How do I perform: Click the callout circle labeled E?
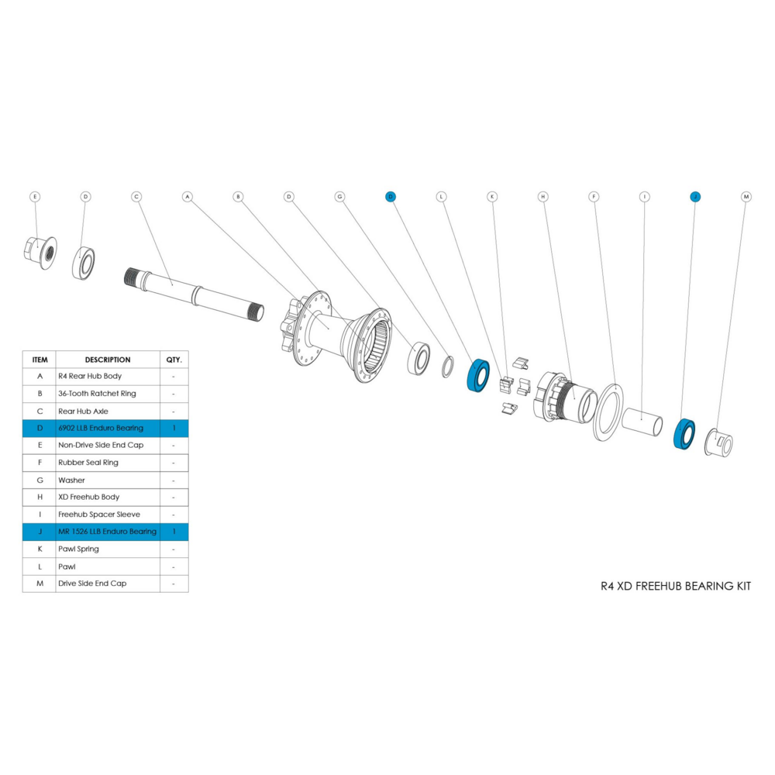[x=35, y=197]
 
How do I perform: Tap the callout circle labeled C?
[x=136, y=197]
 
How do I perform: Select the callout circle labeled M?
[x=746, y=197]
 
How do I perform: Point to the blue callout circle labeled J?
[x=695, y=197]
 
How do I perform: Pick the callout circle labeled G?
[x=339, y=197]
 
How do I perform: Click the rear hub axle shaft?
[x=194, y=295]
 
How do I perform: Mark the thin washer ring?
[x=447, y=367]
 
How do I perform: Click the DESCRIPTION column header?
[x=108, y=360]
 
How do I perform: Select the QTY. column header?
[x=174, y=360]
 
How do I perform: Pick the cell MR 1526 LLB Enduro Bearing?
[x=108, y=532]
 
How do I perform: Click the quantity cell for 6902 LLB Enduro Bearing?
[x=174, y=428]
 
